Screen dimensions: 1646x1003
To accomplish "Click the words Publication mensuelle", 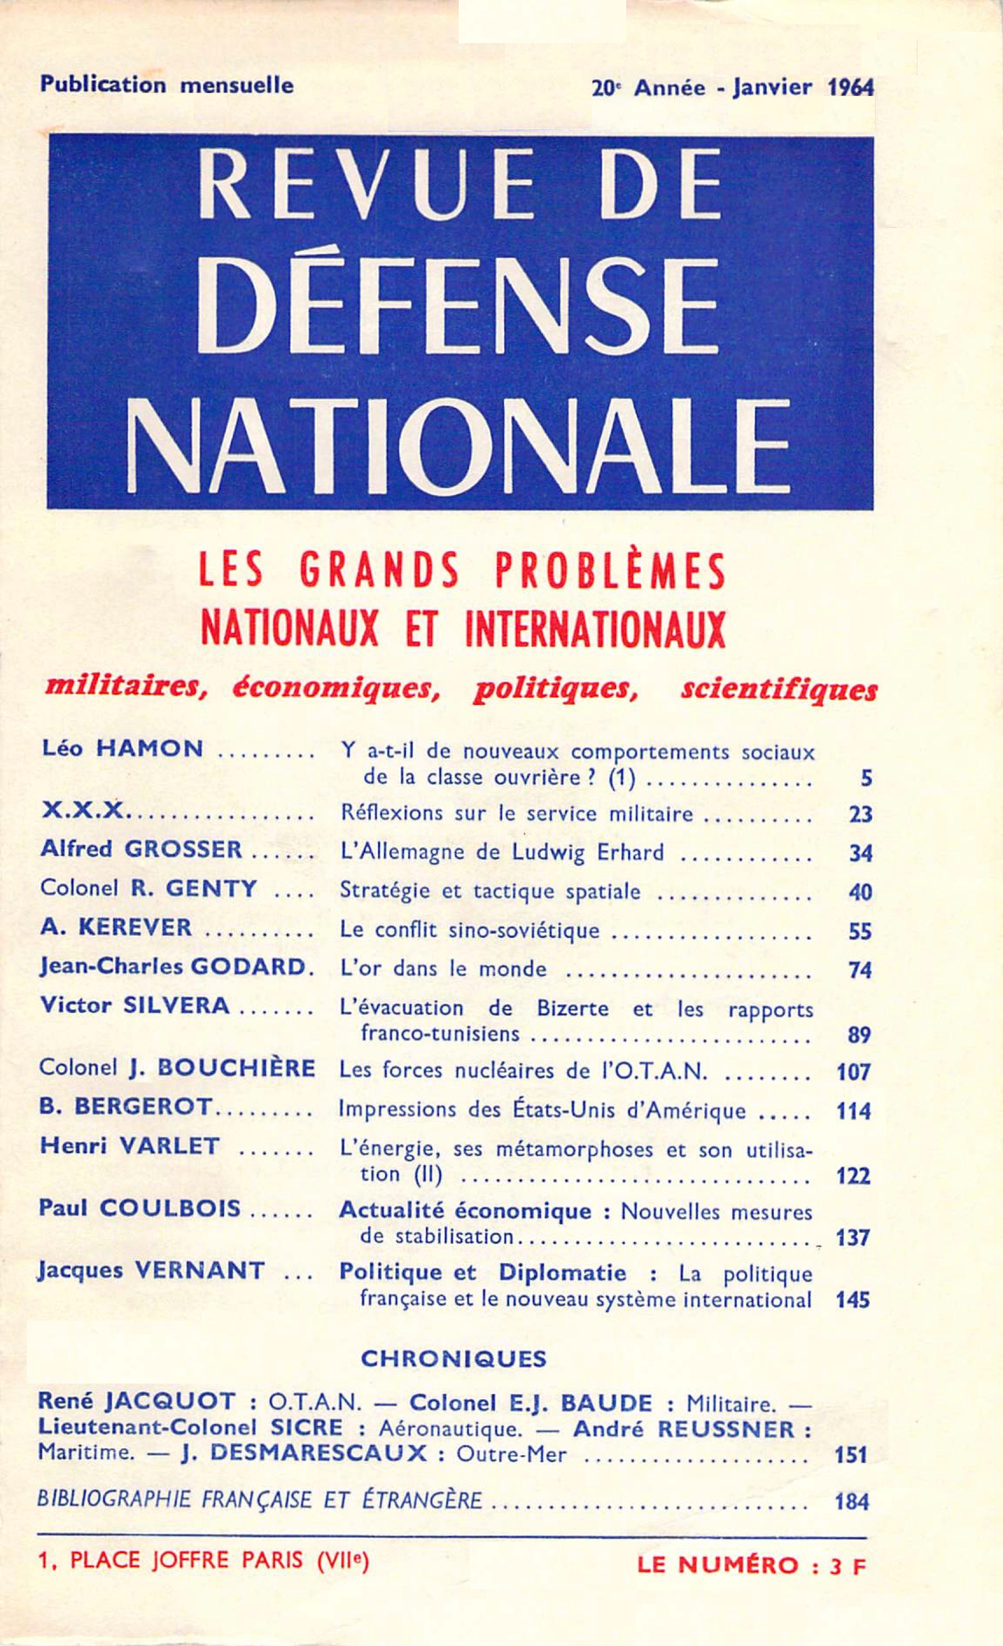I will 167,86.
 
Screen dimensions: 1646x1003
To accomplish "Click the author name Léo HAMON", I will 122,749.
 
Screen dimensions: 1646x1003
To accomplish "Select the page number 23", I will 859,815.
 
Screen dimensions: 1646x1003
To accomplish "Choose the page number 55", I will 859,931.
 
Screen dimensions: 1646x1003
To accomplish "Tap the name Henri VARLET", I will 130,1146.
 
